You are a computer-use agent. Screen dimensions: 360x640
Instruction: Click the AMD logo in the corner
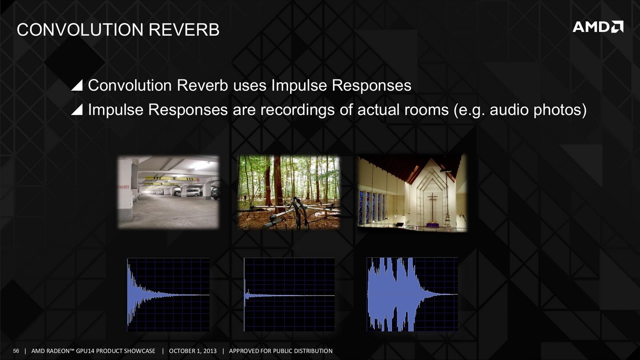[x=597, y=27]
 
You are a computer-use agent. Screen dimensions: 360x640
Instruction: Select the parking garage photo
[x=168, y=192]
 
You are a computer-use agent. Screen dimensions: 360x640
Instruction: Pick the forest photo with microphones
[x=289, y=192]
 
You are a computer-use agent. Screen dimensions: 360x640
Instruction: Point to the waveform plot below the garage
[x=168, y=295]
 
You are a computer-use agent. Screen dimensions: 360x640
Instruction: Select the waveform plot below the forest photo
[x=289, y=295]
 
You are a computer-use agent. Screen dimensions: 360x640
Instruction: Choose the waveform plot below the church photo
[x=412, y=295]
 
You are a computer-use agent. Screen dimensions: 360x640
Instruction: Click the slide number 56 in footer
[x=16, y=351]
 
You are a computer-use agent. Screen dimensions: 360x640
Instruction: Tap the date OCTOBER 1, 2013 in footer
[x=192, y=351]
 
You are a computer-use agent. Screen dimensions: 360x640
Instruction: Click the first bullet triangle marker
[x=77, y=86]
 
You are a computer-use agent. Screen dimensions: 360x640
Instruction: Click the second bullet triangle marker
[x=77, y=111]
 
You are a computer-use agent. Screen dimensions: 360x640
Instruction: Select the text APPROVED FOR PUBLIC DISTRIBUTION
[x=280, y=351]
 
